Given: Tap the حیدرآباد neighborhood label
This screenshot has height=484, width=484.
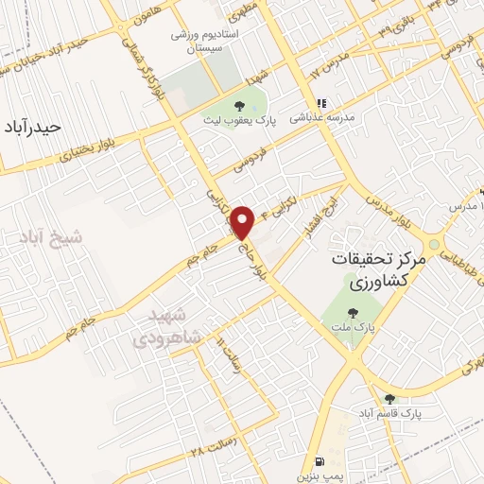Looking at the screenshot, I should point(32,127).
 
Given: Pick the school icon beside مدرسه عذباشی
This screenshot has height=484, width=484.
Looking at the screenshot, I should point(321,103).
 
